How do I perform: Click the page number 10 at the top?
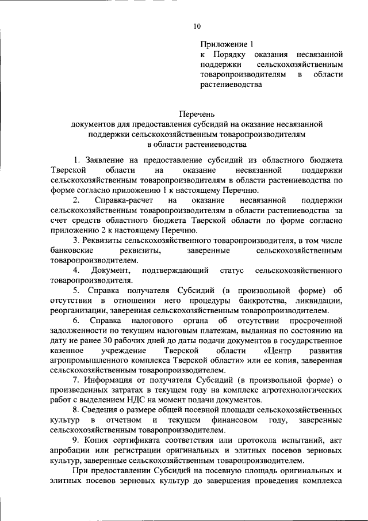click(197, 25)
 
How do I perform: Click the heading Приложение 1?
click(227, 44)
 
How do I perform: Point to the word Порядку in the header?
click(231, 55)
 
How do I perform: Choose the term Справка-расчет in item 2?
click(122, 200)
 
